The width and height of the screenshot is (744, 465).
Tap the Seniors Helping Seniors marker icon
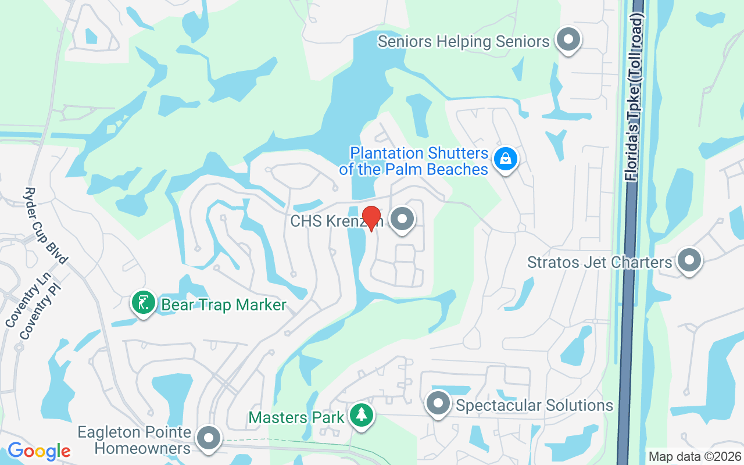coord(569,40)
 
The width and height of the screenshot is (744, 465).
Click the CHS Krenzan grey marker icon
coord(402,220)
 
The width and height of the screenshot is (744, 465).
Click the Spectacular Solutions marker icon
coord(438,403)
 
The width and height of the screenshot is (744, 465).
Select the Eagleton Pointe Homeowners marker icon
coord(209,439)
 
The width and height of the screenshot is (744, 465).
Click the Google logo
coord(39,451)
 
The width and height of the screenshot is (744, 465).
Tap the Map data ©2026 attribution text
coord(695,457)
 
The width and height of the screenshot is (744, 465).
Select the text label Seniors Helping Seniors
coord(463,42)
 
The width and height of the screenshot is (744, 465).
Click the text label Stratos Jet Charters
coord(599,262)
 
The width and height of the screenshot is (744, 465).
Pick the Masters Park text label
coord(295,417)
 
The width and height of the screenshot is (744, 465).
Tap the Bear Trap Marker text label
coord(224,305)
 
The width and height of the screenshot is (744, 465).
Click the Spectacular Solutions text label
coord(535,405)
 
